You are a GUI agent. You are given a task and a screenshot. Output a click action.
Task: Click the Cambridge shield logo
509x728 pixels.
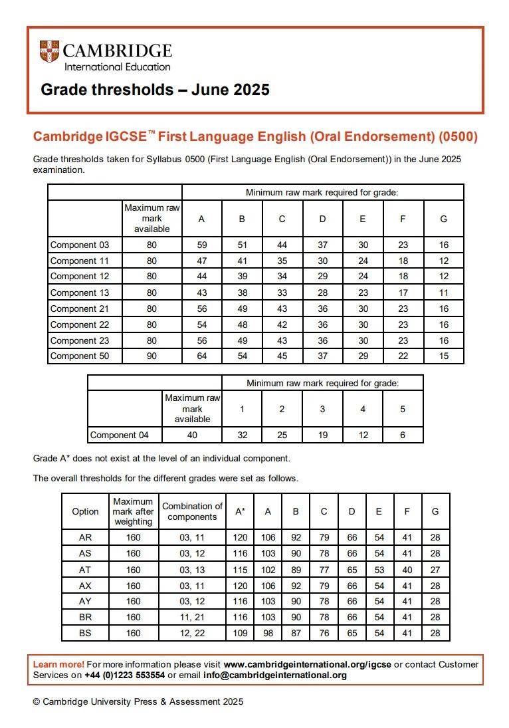point(49,52)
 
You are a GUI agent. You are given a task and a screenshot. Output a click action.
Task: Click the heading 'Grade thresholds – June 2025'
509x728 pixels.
point(155,90)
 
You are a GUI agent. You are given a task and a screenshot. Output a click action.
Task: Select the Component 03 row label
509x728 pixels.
point(79,245)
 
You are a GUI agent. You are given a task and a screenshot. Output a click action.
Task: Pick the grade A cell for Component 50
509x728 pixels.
point(202,356)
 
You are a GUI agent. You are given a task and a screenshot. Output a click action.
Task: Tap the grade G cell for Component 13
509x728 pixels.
point(443,293)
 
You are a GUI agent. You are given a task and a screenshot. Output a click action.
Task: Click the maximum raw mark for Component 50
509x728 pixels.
point(152,356)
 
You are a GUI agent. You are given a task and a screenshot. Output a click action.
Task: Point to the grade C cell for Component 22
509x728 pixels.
point(282,324)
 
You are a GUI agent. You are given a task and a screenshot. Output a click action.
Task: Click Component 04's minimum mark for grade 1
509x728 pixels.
point(242,435)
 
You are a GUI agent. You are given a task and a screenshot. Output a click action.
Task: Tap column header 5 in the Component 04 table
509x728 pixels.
point(403,409)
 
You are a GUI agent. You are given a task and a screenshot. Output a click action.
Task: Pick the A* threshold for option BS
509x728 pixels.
point(240,634)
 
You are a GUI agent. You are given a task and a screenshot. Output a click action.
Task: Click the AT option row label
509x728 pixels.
point(85,570)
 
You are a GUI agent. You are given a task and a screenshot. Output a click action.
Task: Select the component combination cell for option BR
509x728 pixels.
point(192,618)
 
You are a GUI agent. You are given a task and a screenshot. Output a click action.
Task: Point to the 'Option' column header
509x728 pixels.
point(85,511)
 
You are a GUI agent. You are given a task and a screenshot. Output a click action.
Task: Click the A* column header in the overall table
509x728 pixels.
point(240,511)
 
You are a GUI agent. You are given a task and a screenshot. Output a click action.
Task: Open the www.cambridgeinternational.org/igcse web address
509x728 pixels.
point(307,664)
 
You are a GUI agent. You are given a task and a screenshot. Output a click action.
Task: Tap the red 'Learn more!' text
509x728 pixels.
point(58,664)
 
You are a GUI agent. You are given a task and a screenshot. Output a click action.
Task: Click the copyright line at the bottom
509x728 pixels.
point(138,701)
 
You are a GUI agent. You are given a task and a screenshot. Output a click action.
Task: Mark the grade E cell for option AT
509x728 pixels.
point(379,570)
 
